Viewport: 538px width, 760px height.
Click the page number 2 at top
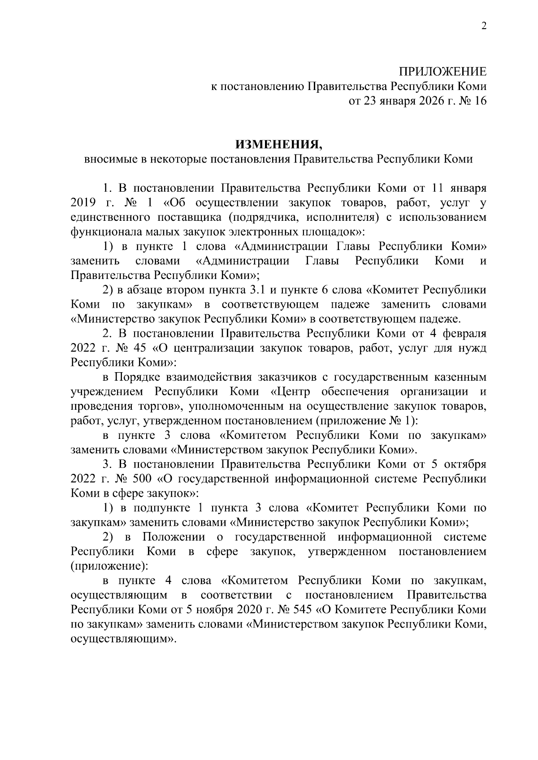[484, 26]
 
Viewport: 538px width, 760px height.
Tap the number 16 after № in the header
[479, 101]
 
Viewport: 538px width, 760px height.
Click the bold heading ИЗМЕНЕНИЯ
[278, 144]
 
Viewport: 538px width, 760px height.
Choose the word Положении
[174, 537]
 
